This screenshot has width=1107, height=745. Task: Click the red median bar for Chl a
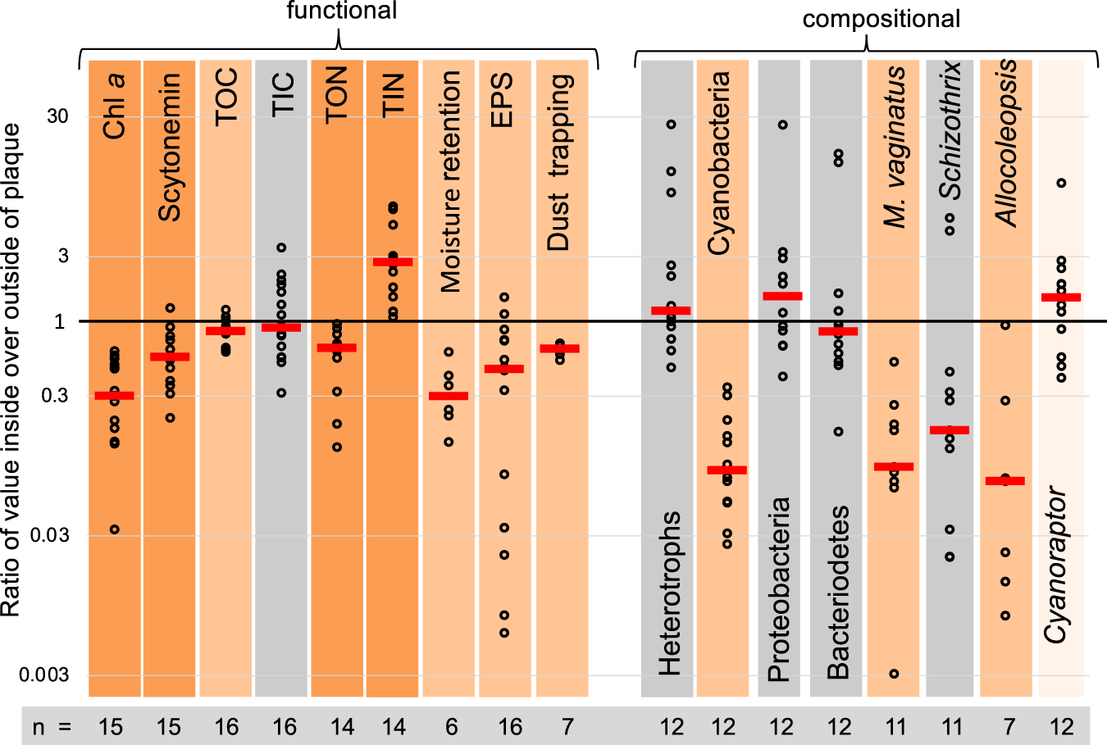114,396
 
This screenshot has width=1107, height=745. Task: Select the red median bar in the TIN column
393,262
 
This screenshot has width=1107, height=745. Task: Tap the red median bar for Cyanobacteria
727,470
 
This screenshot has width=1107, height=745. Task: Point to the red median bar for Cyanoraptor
1061,298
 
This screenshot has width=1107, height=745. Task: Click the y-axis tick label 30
57,116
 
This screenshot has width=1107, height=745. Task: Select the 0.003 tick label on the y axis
44,675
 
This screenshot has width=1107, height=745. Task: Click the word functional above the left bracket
341,11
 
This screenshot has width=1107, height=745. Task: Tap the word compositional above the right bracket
881,19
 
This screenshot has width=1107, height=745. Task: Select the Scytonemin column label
170,148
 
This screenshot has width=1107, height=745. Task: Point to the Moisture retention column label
450,181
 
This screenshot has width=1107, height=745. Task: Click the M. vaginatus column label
895,148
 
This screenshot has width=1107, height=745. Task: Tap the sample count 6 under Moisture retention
451,726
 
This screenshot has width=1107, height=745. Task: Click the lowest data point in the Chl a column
115,529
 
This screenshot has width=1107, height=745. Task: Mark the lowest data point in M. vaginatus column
894,674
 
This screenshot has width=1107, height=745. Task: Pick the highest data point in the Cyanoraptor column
1061,183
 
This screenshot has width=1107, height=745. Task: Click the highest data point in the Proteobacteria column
783,125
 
